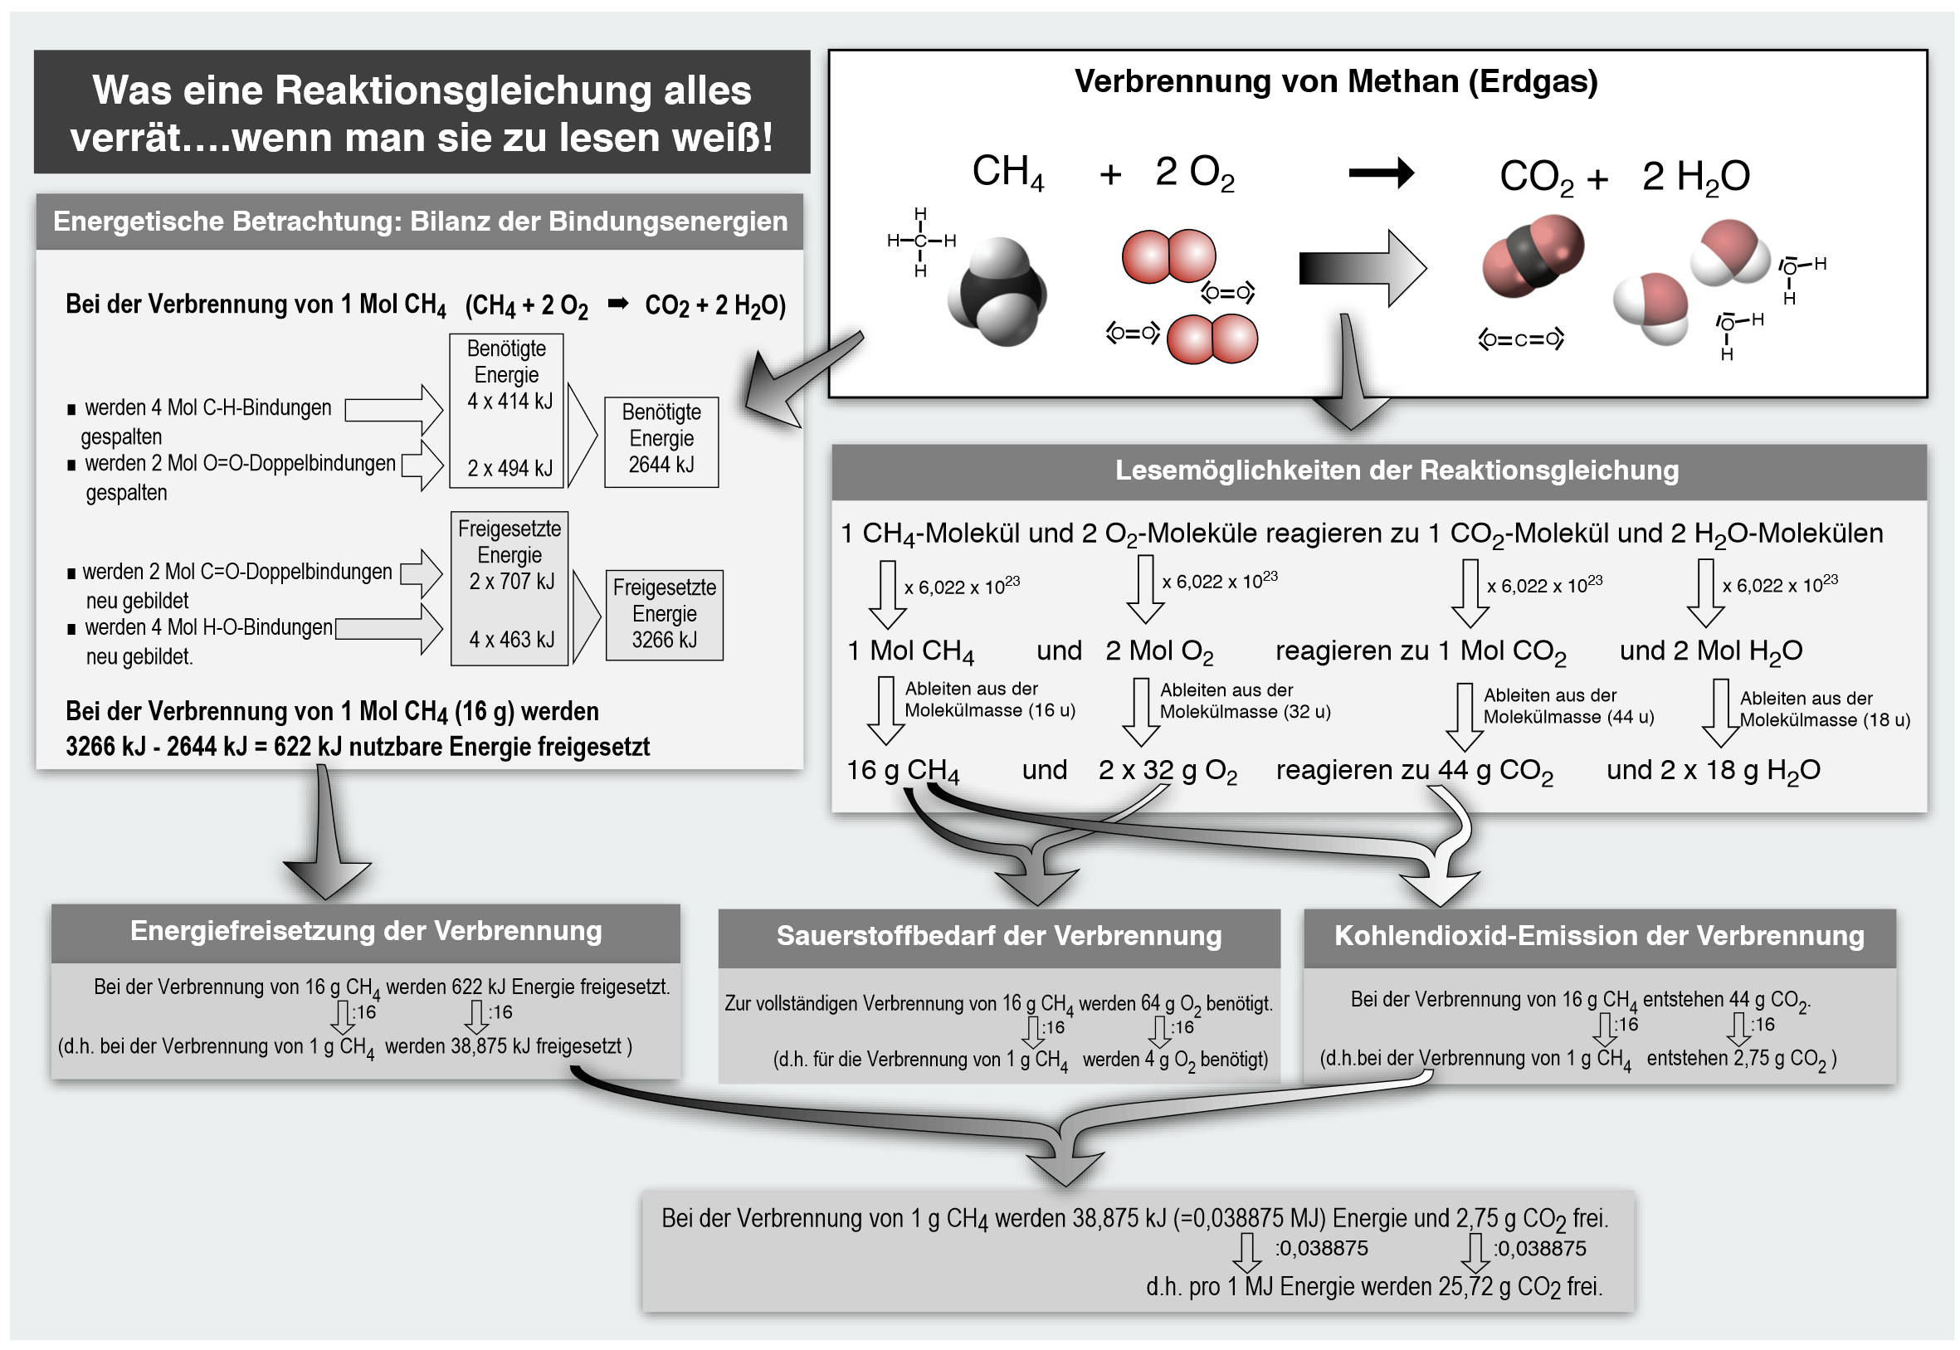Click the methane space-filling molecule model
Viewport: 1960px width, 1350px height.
click(998, 292)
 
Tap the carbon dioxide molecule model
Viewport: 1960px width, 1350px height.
click(1532, 256)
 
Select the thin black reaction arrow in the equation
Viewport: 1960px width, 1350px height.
click(1380, 173)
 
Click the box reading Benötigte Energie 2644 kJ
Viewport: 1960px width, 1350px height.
click(661, 441)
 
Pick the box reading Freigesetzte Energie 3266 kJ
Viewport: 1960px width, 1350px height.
click(664, 614)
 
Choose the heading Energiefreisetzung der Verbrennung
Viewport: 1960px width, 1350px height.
click(365, 931)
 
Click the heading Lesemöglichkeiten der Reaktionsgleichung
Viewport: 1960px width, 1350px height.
click(1396, 471)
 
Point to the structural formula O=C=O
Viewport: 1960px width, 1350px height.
click(1520, 340)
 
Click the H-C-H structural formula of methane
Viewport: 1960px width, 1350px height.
click(920, 242)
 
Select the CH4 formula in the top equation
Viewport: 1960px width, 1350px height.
click(1007, 173)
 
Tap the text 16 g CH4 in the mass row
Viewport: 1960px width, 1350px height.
click(902, 771)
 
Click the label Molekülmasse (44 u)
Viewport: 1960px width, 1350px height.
click(1568, 717)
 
